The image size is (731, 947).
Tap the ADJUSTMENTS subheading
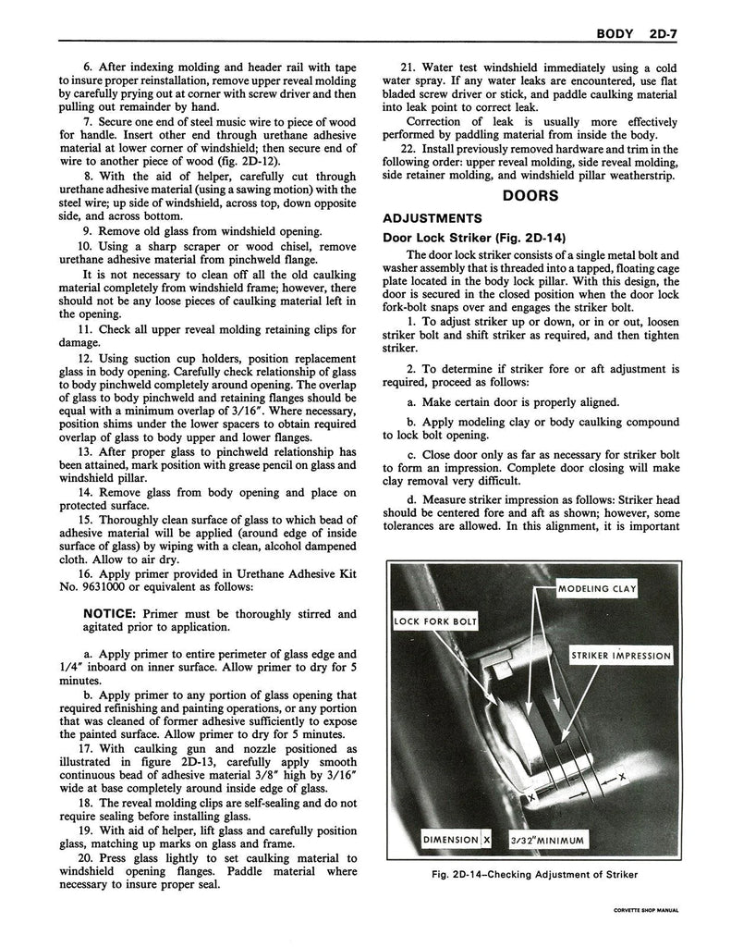[x=433, y=218]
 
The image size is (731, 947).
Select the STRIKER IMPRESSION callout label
[x=620, y=656]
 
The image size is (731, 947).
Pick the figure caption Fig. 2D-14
[x=532, y=874]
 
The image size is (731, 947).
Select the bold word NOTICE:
[x=112, y=613]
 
